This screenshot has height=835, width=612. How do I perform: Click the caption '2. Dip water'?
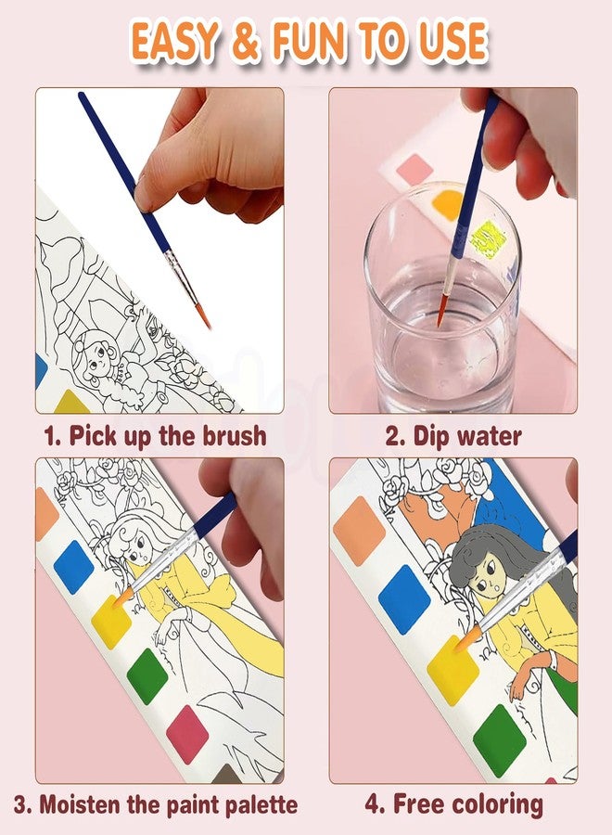pos(453,435)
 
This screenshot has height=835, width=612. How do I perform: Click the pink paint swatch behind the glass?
pos(414,169)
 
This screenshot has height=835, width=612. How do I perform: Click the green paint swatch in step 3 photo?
pos(146,675)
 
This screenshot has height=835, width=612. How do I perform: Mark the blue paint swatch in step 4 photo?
pos(404,597)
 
